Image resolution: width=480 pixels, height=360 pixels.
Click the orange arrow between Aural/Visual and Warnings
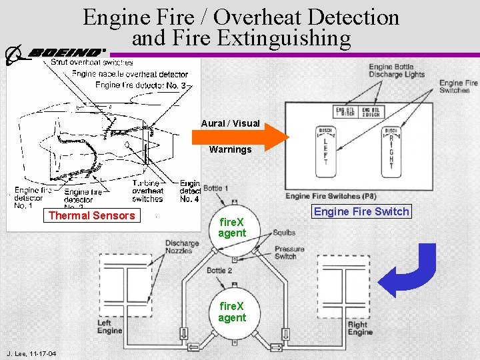[x=240, y=136]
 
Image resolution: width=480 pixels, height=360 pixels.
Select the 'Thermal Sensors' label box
[x=91, y=215]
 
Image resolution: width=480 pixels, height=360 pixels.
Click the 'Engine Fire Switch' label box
[x=361, y=211]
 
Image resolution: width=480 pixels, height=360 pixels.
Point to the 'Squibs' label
[x=285, y=233]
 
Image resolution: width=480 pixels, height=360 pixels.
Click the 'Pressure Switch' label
[x=289, y=253]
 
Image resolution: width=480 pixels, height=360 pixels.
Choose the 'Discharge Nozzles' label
[x=181, y=247]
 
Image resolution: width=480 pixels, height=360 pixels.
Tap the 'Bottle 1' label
[x=215, y=189]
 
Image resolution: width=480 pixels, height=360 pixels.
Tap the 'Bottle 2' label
[x=219, y=271]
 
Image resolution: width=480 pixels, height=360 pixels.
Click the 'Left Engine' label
[x=110, y=327]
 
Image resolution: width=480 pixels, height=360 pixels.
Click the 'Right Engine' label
[x=360, y=328]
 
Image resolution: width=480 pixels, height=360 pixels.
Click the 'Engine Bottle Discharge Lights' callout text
[x=397, y=71]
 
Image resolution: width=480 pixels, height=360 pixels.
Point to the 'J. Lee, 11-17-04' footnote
[x=31, y=353]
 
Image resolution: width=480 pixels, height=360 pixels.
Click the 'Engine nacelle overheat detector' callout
[x=130, y=74]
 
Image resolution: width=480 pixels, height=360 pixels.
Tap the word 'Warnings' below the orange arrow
[x=230, y=149]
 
